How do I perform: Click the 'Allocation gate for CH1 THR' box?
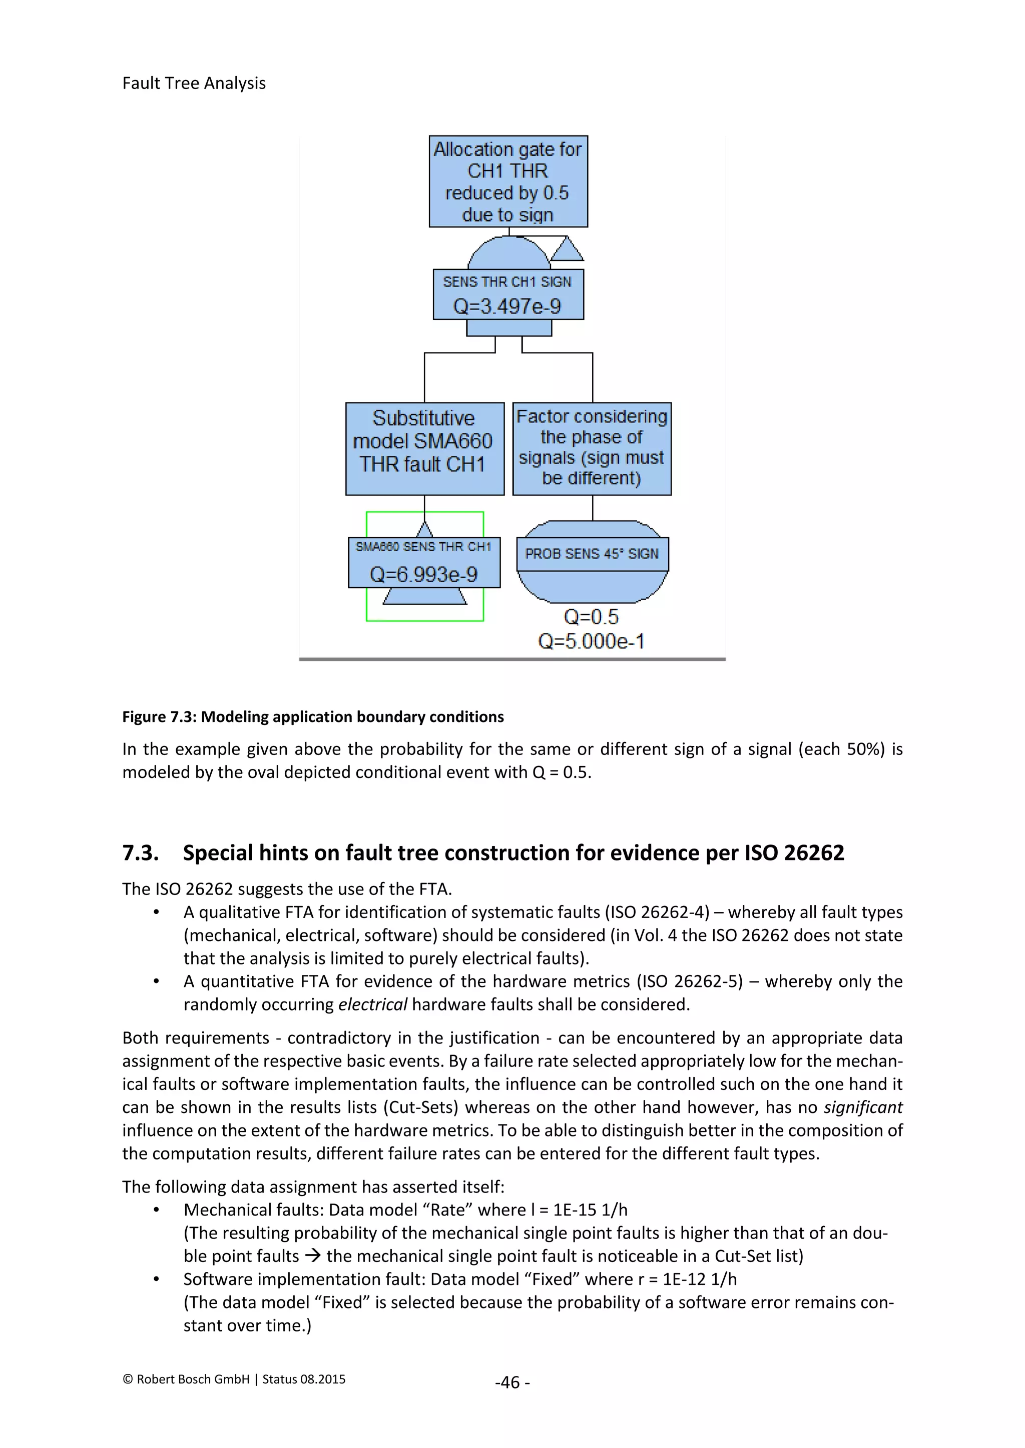coord(508,181)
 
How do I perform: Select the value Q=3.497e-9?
coord(507,306)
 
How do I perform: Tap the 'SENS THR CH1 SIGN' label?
coord(507,282)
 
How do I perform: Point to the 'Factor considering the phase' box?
coord(592,448)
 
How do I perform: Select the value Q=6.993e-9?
coord(423,574)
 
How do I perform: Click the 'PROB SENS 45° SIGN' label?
coord(592,553)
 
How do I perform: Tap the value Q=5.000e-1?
coord(592,641)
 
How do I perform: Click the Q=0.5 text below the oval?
coord(592,617)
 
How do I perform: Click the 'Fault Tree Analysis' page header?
coord(194,83)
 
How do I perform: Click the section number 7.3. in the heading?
coord(140,852)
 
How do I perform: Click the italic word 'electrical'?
coord(372,1004)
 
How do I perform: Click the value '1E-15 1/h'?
coord(590,1210)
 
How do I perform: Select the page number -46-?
coord(512,1382)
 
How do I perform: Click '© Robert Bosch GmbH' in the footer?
coord(186,1379)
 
